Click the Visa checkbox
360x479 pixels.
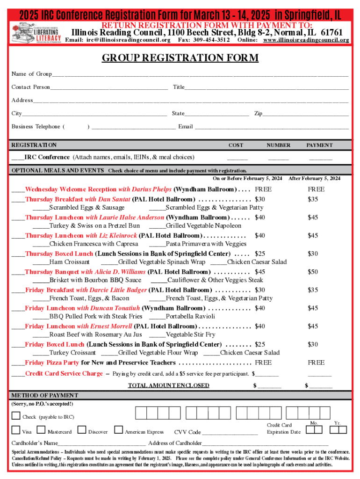16,430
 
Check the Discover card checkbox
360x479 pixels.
82,430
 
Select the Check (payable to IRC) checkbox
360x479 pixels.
16,415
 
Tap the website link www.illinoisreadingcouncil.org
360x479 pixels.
306,40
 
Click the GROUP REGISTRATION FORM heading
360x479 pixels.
180,58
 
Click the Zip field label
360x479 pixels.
258,114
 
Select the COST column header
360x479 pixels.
236,145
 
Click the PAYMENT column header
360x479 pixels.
319,145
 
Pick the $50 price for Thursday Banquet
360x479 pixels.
313,272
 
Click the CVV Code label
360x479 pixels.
187,432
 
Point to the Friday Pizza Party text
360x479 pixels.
52,363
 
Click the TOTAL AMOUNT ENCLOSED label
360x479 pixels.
169,385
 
